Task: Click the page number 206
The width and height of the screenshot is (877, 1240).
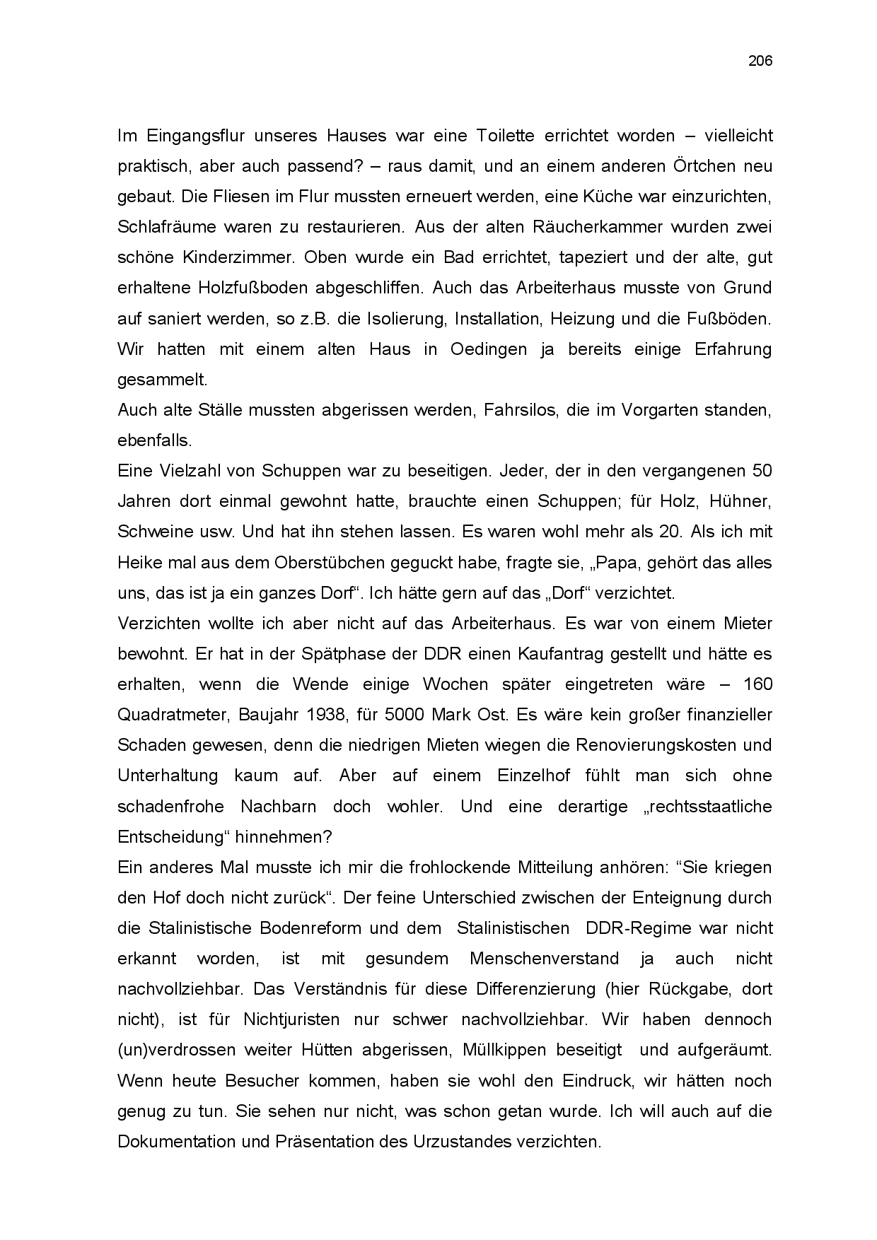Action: (x=760, y=61)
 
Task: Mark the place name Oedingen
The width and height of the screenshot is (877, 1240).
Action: (x=488, y=349)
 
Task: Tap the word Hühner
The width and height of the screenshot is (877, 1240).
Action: (x=743, y=501)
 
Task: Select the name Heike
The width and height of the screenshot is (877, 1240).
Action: (x=138, y=563)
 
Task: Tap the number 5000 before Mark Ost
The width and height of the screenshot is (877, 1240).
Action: (x=405, y=715)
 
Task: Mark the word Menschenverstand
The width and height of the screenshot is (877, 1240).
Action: (x=544, y=959)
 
